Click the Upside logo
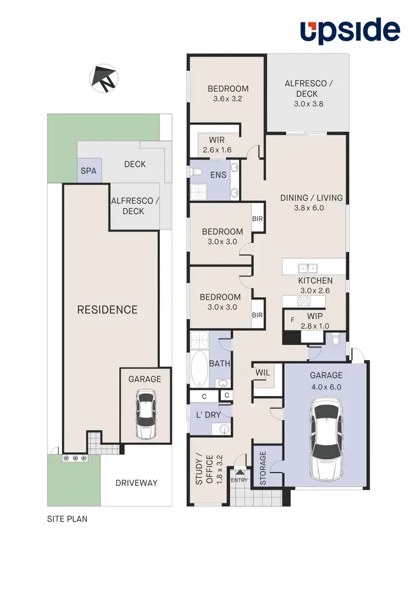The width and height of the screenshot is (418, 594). [350, 31]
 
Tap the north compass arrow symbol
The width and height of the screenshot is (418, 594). [104, 78]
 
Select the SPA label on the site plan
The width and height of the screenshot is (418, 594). [89, 171]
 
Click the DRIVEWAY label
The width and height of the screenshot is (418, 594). [137, 483]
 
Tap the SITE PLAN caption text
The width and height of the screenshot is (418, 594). [67, 519]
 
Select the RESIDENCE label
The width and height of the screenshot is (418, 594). [107, 310]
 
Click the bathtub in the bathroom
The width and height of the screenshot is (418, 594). [198, 368]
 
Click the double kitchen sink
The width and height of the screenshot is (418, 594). [307, 267]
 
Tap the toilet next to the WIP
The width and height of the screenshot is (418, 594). [335, 340]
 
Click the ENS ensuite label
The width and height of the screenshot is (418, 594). [218, 175]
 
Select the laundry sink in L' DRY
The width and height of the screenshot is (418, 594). [223, 429]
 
